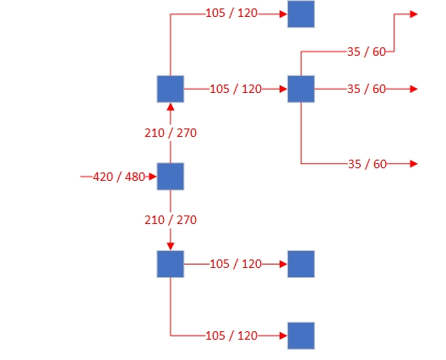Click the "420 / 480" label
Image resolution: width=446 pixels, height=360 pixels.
tap(119, 177)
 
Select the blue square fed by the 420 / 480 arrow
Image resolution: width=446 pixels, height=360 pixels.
tap(171, 177)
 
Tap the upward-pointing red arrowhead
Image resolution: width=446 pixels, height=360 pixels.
tap(171, 107)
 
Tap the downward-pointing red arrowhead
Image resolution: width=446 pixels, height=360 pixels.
tap(171, 246)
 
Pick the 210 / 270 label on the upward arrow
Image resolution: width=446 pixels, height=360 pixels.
tap(171, 133)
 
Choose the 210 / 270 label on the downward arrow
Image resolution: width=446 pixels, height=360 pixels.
tap(171, 220)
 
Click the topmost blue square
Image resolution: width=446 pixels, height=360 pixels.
tap(301, 14)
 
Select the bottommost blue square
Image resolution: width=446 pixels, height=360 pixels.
tap(301, 335)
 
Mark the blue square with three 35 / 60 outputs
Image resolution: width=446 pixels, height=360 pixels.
tap(301, 89)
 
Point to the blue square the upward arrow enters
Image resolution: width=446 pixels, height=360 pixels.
tap(171, 89)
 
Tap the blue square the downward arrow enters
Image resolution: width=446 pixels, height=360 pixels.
tap(171, 265)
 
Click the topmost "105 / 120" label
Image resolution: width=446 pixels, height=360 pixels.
tap(231, 13)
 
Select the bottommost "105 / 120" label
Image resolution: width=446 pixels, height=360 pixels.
tap(231, 335)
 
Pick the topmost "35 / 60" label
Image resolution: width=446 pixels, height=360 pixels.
tap(367, 52)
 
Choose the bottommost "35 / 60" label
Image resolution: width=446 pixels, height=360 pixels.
tap(367, 164)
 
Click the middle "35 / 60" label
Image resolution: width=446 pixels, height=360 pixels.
tap(367, 89)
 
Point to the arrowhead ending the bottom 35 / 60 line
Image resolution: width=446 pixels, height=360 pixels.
tap(414, 164)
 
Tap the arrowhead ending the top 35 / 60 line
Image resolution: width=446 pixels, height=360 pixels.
tap(414, 14)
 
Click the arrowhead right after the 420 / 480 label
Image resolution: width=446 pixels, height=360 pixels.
tap(153, 177)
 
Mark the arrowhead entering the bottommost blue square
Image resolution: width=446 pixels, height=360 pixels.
tap(283, 335)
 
